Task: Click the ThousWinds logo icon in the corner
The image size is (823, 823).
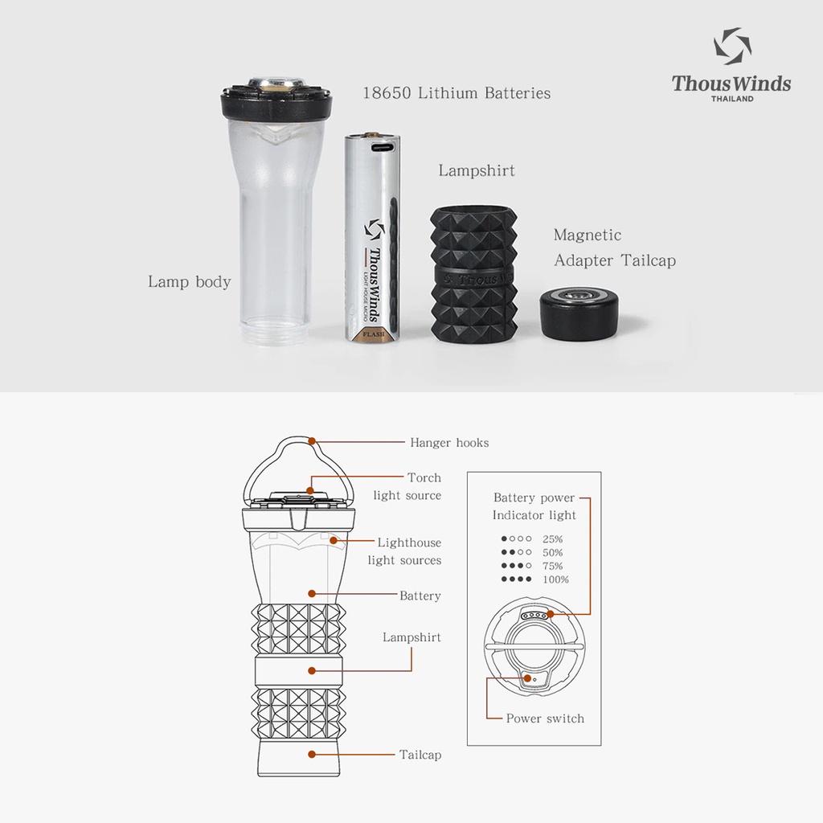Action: tap(732, 46)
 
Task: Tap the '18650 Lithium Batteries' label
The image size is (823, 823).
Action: tap(457, 93)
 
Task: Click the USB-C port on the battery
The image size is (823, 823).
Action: tap(383, 146)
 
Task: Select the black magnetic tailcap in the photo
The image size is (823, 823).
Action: tap(579, 313)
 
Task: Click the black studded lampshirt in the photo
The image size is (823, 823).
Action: tap(474, 275)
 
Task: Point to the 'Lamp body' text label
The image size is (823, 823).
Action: tap(189, 281)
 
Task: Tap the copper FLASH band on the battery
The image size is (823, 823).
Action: tap(373, 334)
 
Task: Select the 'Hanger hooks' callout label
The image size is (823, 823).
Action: tap(449, 443)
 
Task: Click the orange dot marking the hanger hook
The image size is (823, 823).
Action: tap(312, 441)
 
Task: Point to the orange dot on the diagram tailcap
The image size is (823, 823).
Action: tap(312, 754)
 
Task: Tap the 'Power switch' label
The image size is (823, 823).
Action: tap(545, 719)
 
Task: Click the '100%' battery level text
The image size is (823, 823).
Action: tap(555, 579)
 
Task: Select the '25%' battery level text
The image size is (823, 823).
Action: tap(553, 539)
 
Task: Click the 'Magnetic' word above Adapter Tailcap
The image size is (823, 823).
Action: tap(588, 235)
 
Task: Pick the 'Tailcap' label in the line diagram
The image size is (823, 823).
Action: tap(420, 755)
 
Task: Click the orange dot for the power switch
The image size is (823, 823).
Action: tap(527, 678)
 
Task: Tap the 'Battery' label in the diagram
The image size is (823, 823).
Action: tap(420, 596)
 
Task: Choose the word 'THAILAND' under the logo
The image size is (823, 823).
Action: tap(732, 99)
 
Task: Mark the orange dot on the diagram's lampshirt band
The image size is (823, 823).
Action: tap(312, 671)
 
